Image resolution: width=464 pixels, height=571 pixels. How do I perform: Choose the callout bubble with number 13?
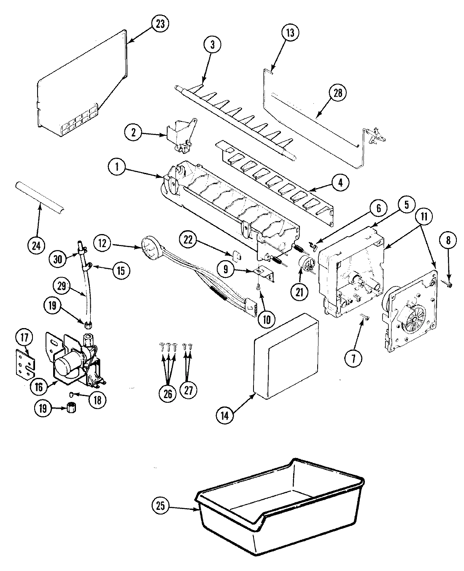[291, 33]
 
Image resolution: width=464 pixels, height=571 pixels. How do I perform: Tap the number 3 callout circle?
[212, 45]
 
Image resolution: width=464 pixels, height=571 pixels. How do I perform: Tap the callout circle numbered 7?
[353, 358]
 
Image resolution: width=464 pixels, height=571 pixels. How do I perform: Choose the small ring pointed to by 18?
[72, 394]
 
